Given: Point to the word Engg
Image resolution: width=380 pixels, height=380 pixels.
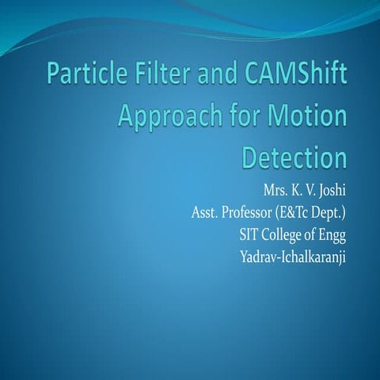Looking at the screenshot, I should click(333, 234).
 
